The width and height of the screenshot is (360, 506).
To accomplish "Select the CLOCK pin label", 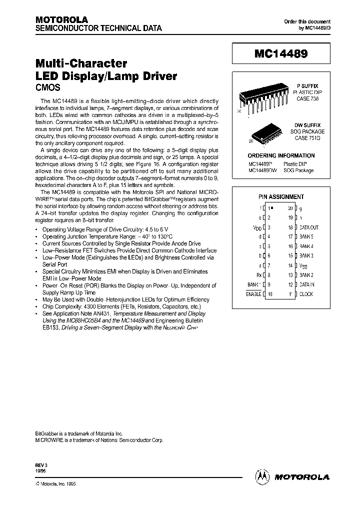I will [x=306, y=294].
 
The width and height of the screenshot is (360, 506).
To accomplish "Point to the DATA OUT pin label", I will [x=309, y=227].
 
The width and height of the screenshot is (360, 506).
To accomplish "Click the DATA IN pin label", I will [x=307, y=284].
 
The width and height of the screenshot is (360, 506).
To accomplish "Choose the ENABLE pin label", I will [x=253, y=294].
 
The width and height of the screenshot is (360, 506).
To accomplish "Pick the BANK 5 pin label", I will [x=306, y=237].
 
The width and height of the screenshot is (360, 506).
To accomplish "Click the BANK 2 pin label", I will [x=306, y=275].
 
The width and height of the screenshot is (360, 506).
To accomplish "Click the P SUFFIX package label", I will [x=307, y=86].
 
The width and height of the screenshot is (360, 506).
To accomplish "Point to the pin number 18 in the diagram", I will [x=290, y=227].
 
